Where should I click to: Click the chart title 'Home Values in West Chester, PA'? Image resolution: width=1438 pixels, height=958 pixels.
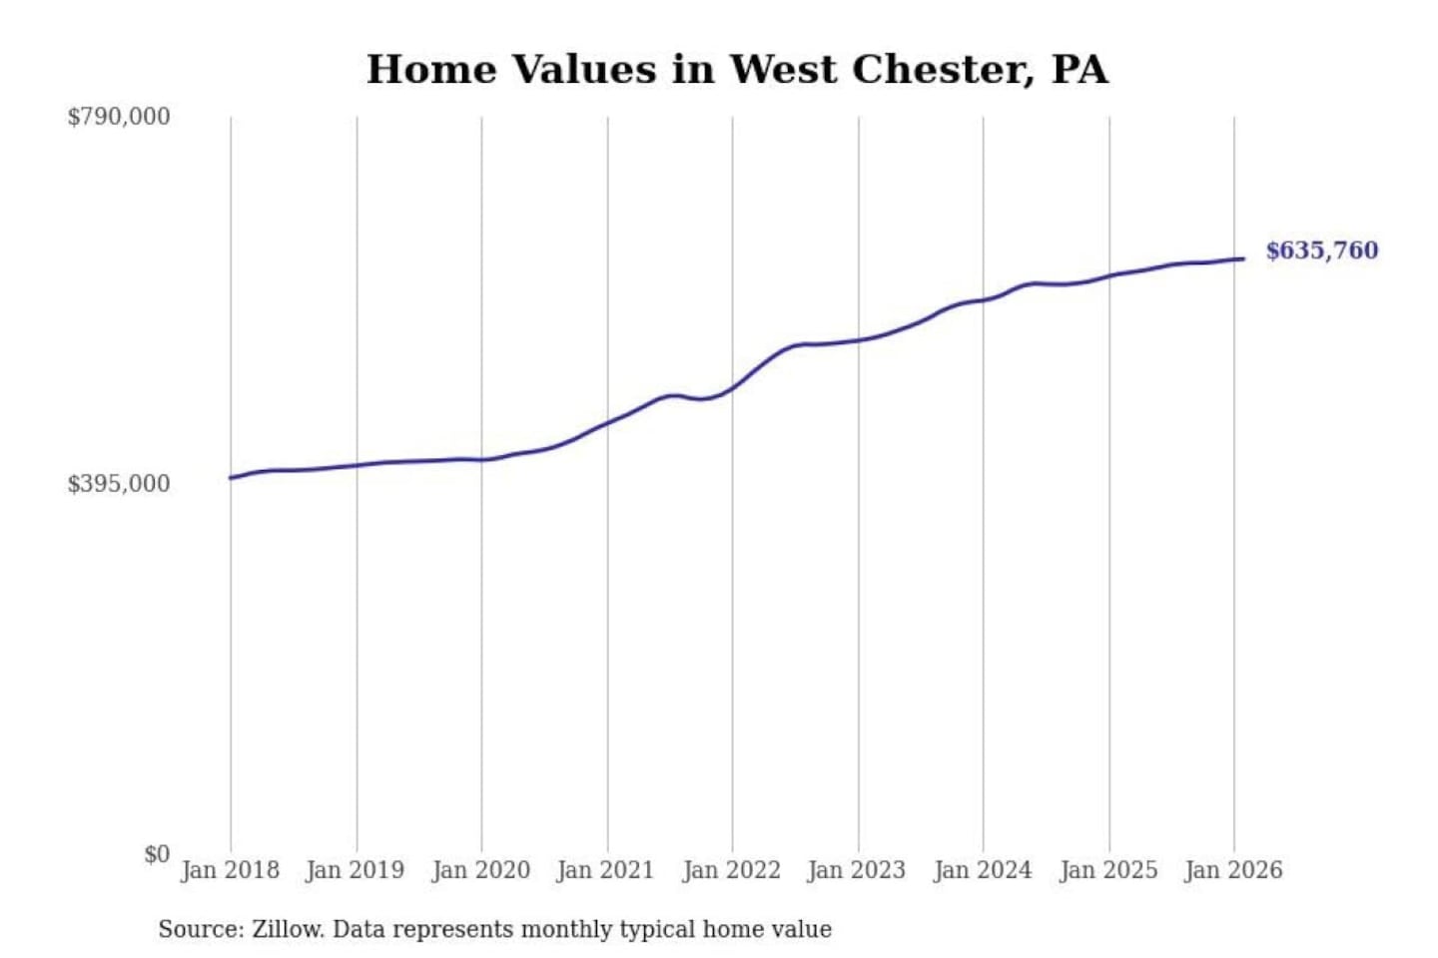[737, 70]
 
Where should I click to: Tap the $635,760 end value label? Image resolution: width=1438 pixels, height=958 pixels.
[1321, 250]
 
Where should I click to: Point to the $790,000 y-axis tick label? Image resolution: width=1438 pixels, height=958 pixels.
[119, 117]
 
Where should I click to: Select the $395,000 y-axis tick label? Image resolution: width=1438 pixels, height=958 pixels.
[119, 484]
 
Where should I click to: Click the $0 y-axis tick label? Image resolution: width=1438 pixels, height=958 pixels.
[157, 854]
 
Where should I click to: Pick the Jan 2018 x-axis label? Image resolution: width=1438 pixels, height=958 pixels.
[230, 870]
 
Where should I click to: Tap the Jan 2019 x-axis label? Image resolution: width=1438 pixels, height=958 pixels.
[355, 870]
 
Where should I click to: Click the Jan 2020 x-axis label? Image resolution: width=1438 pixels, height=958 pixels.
[480, 870]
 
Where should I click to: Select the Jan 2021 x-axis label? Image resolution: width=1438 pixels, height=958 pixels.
[605, 870]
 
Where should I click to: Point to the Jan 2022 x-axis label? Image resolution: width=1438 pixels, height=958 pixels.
[731, 870]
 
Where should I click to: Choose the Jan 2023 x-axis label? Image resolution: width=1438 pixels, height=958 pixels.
[856, 870]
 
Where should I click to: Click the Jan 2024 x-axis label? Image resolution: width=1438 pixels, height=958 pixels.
[982, 870]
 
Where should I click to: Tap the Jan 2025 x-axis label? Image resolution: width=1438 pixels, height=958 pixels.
[1107, 870]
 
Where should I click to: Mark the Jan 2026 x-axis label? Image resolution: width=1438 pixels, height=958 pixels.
[1232, 870]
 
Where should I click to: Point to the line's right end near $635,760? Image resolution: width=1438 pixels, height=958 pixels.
[1242, 259]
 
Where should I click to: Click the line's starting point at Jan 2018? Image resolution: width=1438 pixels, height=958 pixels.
[232, 478]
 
